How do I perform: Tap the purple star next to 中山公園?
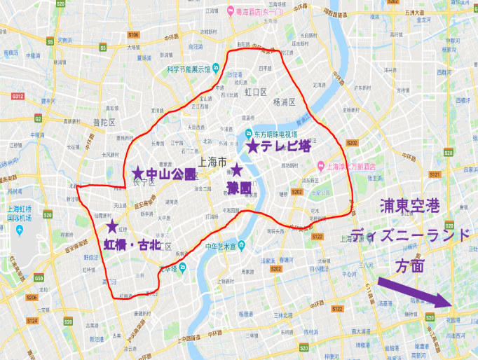click(x=138, y=173)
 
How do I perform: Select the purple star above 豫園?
click(x=237, y=169)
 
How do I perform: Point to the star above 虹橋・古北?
click(x=111, y=226)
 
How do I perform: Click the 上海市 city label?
click(x=212, y=161)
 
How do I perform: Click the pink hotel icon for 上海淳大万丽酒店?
click(x=320, y=167)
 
